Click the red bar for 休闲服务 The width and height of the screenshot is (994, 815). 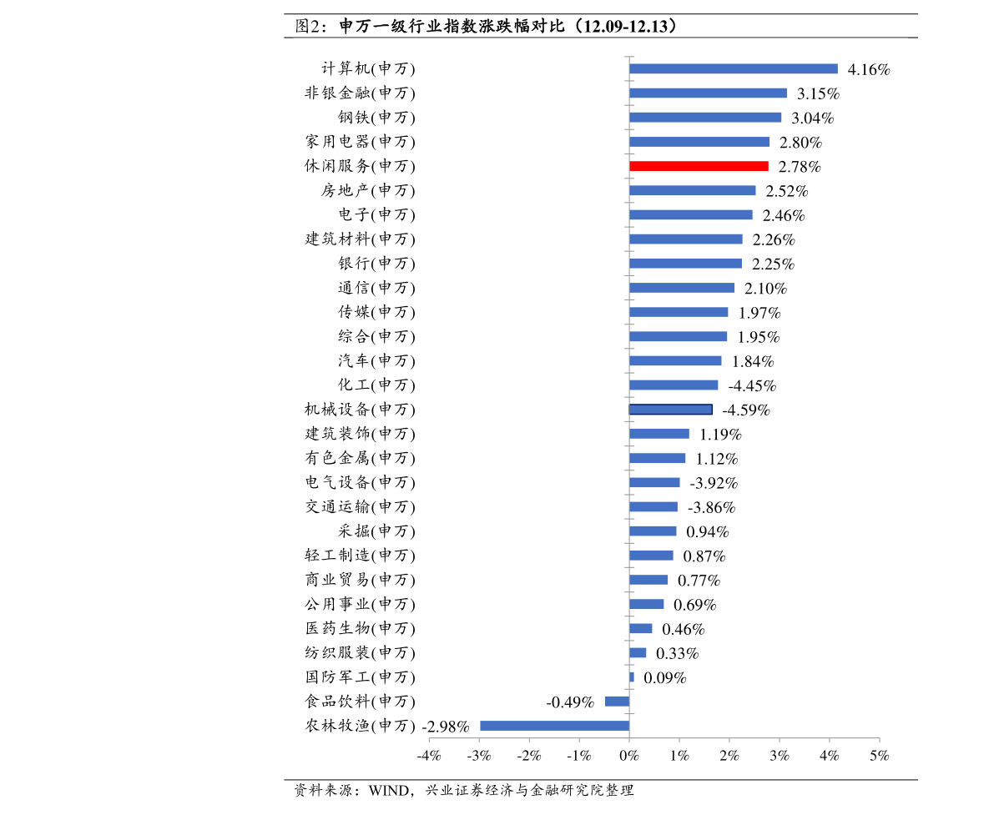coord(699,166)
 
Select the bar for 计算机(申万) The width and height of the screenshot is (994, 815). coord(734,68)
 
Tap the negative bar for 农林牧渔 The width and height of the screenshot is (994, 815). coord(555,726)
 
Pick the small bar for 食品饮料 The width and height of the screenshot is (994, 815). coord(617,701)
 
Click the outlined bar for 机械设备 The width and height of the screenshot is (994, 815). coord(671,410)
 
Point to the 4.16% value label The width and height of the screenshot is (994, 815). coord(869,70)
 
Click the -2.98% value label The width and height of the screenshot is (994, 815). coord(446,727)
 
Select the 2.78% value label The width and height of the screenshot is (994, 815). coord(800,167)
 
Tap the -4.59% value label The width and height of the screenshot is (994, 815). coord(746,410)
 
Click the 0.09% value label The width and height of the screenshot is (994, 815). coord(665,678)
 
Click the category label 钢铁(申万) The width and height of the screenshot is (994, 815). coord(376,118)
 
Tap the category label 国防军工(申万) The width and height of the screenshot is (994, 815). coord(360,677)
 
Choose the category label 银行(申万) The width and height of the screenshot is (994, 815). coord(376,263)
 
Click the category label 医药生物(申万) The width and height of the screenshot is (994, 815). coord(360,628)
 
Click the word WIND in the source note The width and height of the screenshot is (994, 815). coord(389,790)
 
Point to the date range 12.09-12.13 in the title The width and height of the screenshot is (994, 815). coord(626,26)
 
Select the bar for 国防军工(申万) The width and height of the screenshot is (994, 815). coord(632,677)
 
